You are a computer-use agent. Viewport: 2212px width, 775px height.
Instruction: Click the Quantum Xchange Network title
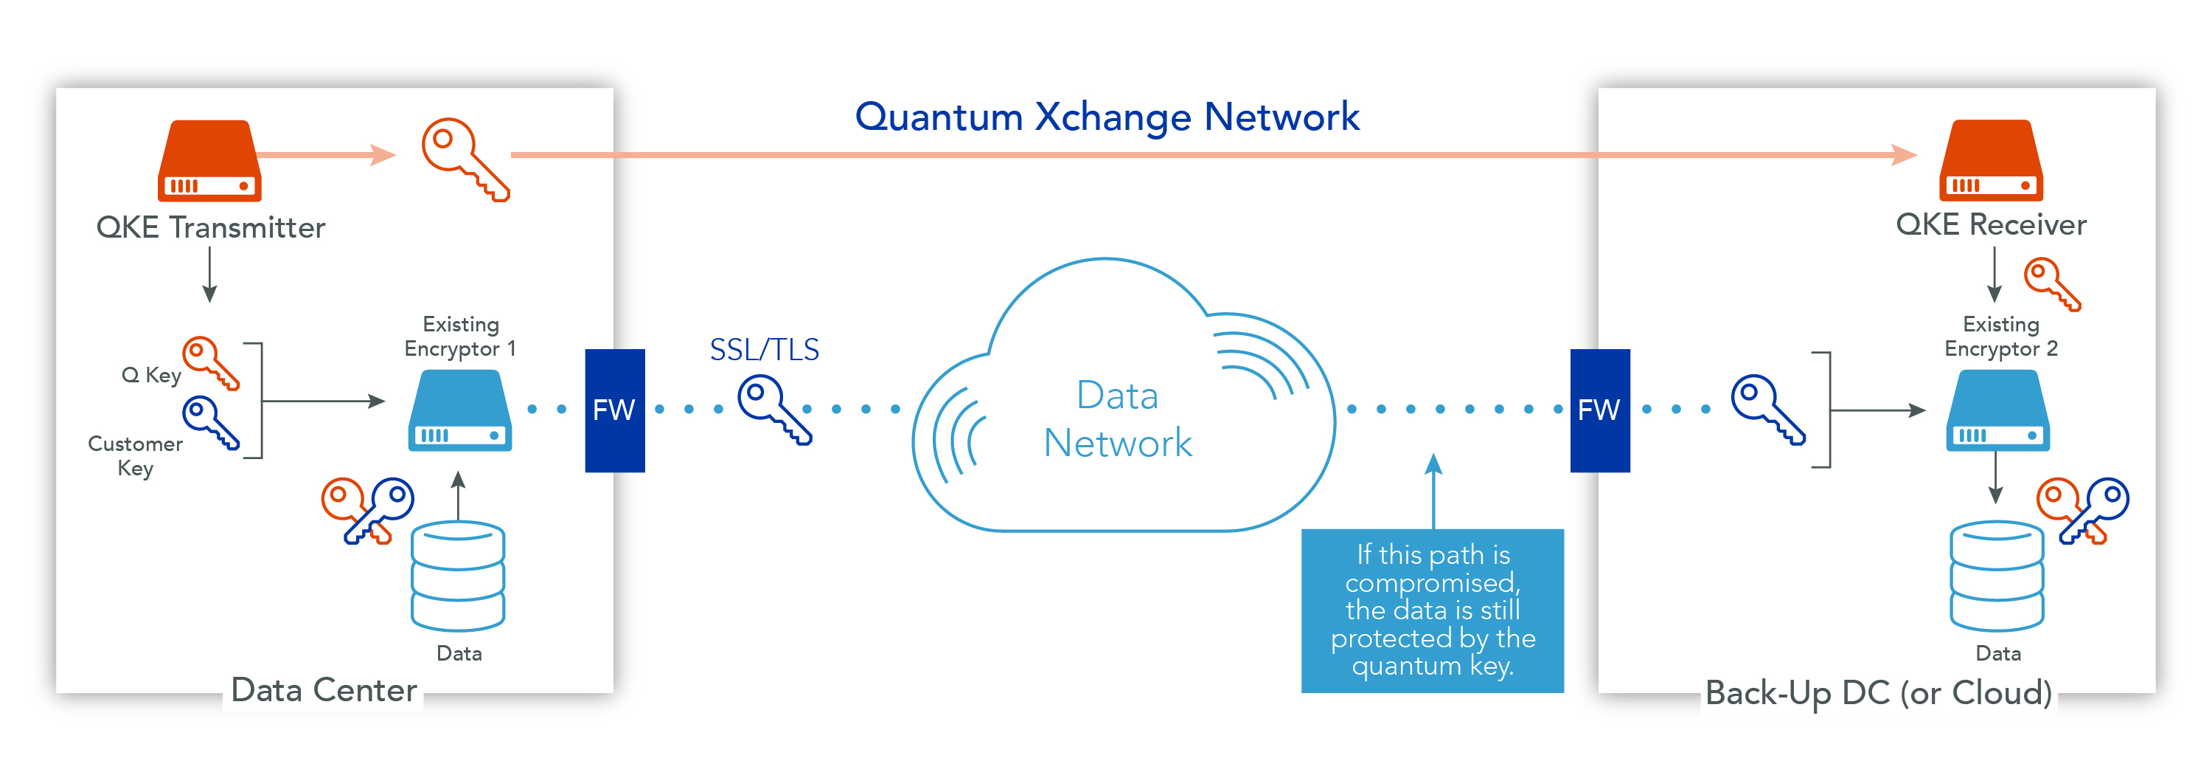click(1107, 117)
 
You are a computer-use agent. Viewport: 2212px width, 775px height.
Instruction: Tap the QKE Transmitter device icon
click(209, 161)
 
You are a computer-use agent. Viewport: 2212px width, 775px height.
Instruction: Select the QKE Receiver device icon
click(1992, 161)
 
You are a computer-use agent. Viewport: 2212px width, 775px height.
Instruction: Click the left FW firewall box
click(615, 410)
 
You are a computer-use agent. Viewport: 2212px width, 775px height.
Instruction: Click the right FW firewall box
click(1600, 410)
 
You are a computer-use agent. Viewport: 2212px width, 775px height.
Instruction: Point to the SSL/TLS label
click(764, 350)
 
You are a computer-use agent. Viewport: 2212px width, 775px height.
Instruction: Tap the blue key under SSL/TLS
click(774, 410)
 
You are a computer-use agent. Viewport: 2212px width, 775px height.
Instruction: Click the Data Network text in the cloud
click(1117, 419)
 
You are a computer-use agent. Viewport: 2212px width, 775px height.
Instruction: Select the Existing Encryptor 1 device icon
click(459, 410)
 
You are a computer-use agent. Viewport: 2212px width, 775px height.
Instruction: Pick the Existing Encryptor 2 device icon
click(1997, 410)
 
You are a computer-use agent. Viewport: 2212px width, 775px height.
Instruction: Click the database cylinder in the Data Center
click(458, 576)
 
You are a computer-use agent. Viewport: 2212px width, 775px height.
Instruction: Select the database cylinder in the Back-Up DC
click(1997, 576)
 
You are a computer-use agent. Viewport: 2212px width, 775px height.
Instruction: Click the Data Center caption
click(324, 691)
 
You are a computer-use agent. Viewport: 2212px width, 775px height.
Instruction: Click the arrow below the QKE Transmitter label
click(209, 275)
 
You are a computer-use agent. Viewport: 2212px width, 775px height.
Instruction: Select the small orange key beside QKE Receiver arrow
click(2052, 284)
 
